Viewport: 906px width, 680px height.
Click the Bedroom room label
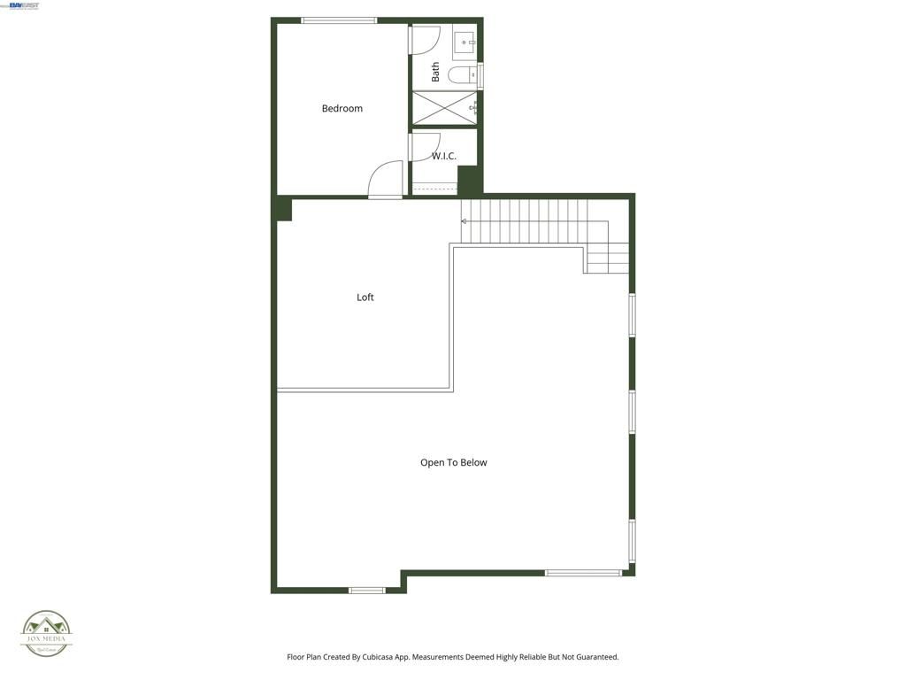coord(342,109)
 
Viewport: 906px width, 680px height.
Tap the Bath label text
coord(435,72)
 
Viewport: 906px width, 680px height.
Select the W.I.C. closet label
coord(444,157)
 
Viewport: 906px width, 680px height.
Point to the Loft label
coord(365,297)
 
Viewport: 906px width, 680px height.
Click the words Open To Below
coord(453,463)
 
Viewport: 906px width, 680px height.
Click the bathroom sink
coord(465,42)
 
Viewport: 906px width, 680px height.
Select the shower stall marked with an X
coord(445,108)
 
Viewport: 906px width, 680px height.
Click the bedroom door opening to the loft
coord(387,180)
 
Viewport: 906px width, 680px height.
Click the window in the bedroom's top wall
coord(339,20)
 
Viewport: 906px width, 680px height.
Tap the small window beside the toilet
coord(480,76)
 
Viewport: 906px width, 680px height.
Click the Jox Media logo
coord(46,633)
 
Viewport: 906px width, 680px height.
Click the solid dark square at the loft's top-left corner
coord(282,210)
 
